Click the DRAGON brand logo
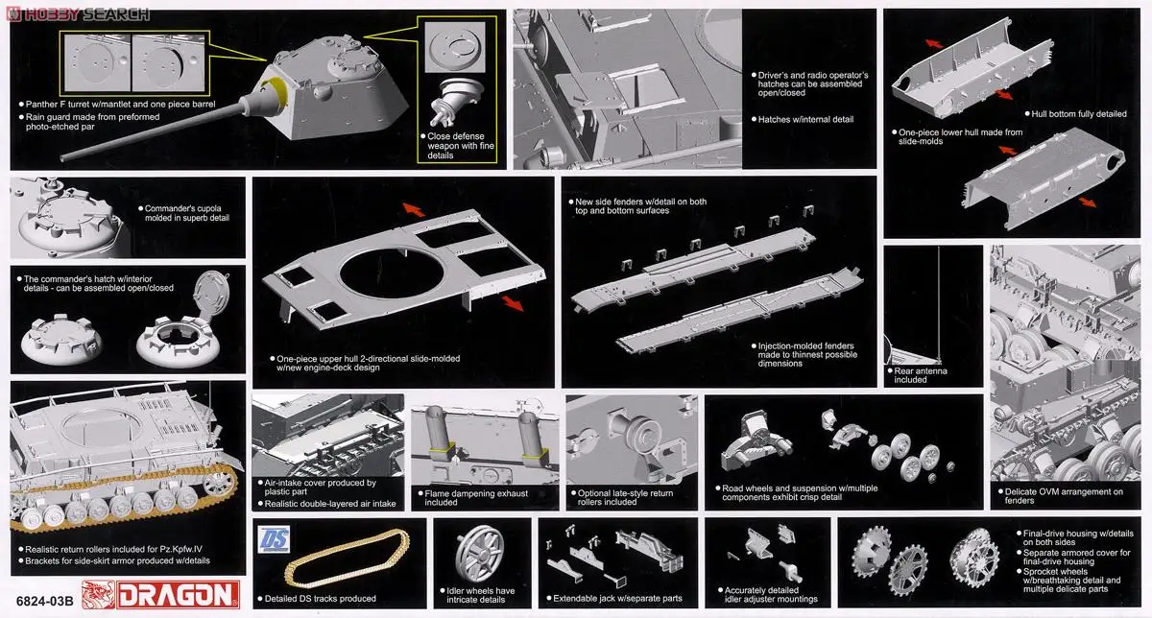coord(160,594)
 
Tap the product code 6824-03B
coord(45,601)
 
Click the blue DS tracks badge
coord(274,539)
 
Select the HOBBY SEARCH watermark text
coord(78,14)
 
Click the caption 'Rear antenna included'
coord(920,375)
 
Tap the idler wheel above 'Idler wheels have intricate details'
coord(479,553)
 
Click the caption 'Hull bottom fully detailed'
coord(1078,114)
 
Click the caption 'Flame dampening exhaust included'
coord(476,498)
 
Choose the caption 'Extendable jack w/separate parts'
coord(617,599)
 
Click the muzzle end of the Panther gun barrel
coord(62,157)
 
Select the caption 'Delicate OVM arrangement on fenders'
coord(1063,495)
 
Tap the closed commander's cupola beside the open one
coord(61,340)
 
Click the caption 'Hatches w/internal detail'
coord(804,119)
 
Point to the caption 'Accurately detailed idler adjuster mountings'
coord(770,594)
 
